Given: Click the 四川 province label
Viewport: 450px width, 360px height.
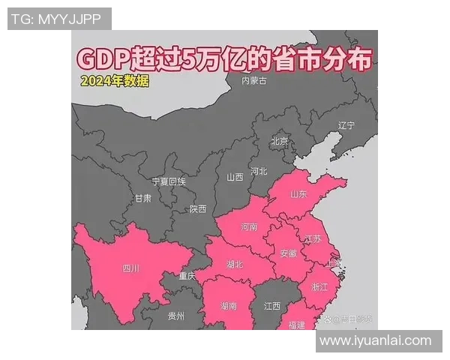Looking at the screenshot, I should pyautogui.click(x=130, y=268).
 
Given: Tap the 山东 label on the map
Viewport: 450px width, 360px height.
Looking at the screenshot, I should pyautogui.click(x=298, y=194).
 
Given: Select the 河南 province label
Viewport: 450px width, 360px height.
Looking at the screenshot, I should pyautogui.click(x=249, y=226).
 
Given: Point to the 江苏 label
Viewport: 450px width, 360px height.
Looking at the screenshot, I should pyautogui.click(x=312, y=238).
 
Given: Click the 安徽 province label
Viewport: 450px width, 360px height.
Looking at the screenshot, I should pyautogui.click(x=289, y=253).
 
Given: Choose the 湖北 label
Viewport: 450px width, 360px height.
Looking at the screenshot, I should pyautogui.click(x=235, y=264).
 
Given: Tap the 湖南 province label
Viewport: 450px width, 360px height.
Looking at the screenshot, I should pyautogui.click(x=229, y=306).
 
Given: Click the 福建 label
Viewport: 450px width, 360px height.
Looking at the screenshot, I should pyautogui.click(x=296, y=325).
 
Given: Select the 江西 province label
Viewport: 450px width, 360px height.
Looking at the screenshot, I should pyautogui.click(x=271, y=306).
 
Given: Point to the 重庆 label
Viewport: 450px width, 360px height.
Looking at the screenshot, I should pyautogui.click(x=187, y=277).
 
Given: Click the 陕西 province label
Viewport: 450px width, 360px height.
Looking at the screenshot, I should pyautogui.click(x=198, y=209).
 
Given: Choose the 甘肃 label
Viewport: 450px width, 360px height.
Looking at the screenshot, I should pyautogui.click(x=142, y=199).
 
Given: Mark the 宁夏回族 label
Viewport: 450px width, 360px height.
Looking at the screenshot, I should pyautogui.click(x=168, y=181).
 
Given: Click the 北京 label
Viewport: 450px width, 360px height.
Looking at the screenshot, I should pyautogui.click(x=279, y=141).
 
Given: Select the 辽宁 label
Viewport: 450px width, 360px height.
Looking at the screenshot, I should pyautogui.click(x=346, y=124).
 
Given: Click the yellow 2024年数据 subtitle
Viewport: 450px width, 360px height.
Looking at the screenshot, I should pyautogui.click(x=115, y=81).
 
